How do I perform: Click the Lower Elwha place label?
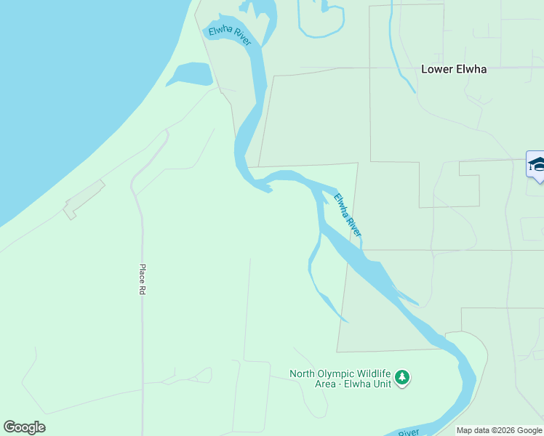[x=454, y=70]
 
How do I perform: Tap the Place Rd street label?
[x=143, y=279]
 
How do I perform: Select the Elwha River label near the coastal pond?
[x=230, y=36]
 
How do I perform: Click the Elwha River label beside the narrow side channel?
[x=348, y=214]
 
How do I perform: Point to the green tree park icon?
[x=402, y=378]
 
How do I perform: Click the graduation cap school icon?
[x=537, y=163]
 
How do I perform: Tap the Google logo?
[x=24, y=427]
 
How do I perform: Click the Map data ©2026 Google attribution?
[x=500, y=430]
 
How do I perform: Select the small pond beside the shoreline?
[x=191, y=73]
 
